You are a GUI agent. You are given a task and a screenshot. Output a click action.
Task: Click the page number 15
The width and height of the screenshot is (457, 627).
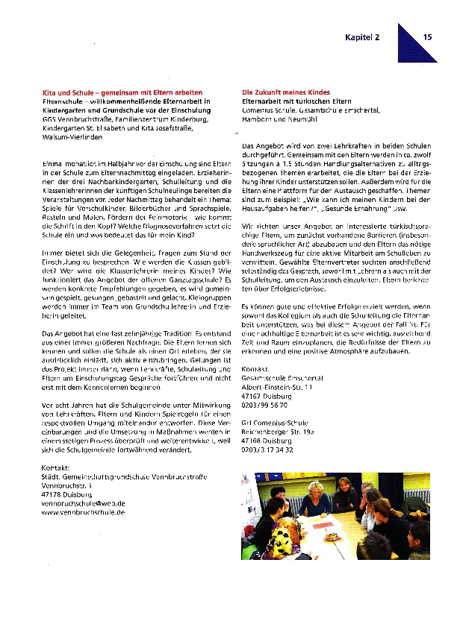[428, 36]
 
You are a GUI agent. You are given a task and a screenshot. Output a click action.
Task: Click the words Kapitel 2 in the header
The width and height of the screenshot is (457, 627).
[362, 36]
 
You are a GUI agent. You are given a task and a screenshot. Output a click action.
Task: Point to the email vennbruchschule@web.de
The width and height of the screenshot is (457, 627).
[84, 504]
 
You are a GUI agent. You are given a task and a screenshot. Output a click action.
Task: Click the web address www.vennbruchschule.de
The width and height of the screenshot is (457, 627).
[84, 513]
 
